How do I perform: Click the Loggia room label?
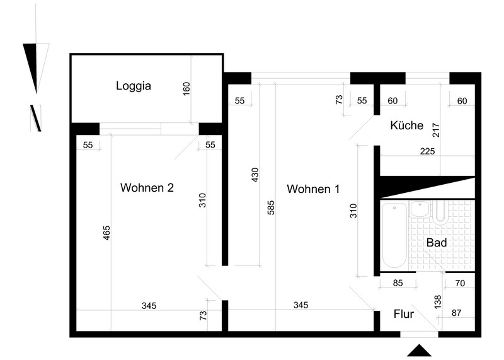click(134, 86)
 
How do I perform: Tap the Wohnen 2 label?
click(147, 187)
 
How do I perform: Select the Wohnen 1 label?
click(313, 189)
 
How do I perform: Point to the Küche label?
click(406, 125)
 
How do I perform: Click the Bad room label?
click(437, 243)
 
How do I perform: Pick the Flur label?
click(404, 314)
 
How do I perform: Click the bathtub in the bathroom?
click(394, 235)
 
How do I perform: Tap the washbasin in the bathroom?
click(420, 209)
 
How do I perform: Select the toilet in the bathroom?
click(440, 212)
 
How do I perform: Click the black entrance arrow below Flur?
click(419, 351)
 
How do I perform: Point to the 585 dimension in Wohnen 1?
click(271, 208)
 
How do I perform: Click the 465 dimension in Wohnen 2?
click(106, 233)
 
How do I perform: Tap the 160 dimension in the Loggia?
click(186, 89)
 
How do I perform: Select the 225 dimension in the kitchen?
click(427, 151)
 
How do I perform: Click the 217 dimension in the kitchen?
click(436, 131)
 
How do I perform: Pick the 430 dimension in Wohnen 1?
click(255, 175)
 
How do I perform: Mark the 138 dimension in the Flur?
click(438, 303)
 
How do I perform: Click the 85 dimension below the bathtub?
click(398, 283)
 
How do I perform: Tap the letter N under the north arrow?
click(36, 118)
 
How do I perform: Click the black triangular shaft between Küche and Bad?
click(428, 187)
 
